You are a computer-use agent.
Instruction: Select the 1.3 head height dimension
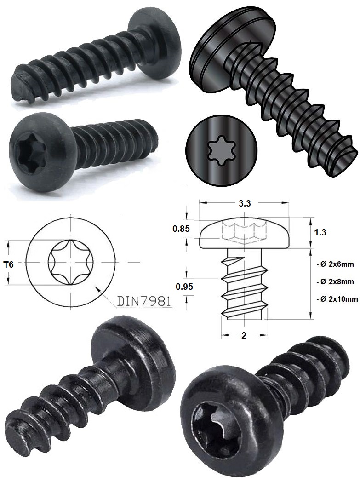click(320, 233)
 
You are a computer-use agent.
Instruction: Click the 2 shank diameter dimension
click(244, 336)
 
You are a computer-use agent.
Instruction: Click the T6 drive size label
click(14, 264)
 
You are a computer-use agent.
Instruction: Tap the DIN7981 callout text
click(145, 302)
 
